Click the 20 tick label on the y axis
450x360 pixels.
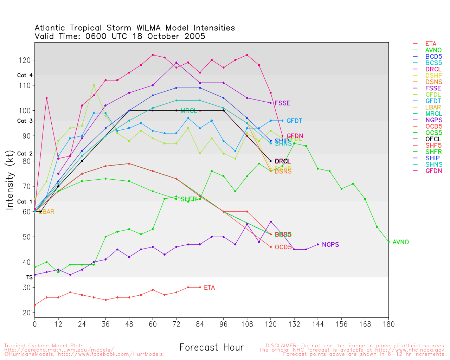27,313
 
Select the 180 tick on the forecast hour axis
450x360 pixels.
388,324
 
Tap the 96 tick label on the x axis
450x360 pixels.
223,324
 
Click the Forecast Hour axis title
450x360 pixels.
211,348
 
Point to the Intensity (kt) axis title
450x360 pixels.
10,180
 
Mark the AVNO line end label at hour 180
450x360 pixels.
401,242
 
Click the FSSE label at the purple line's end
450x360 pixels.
282,103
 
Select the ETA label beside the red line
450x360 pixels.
209,288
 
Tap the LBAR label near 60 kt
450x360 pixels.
46,212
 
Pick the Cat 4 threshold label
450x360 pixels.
25,76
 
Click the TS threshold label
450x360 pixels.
30,277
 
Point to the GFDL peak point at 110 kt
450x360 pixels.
94,85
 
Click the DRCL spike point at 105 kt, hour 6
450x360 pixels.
46,98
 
